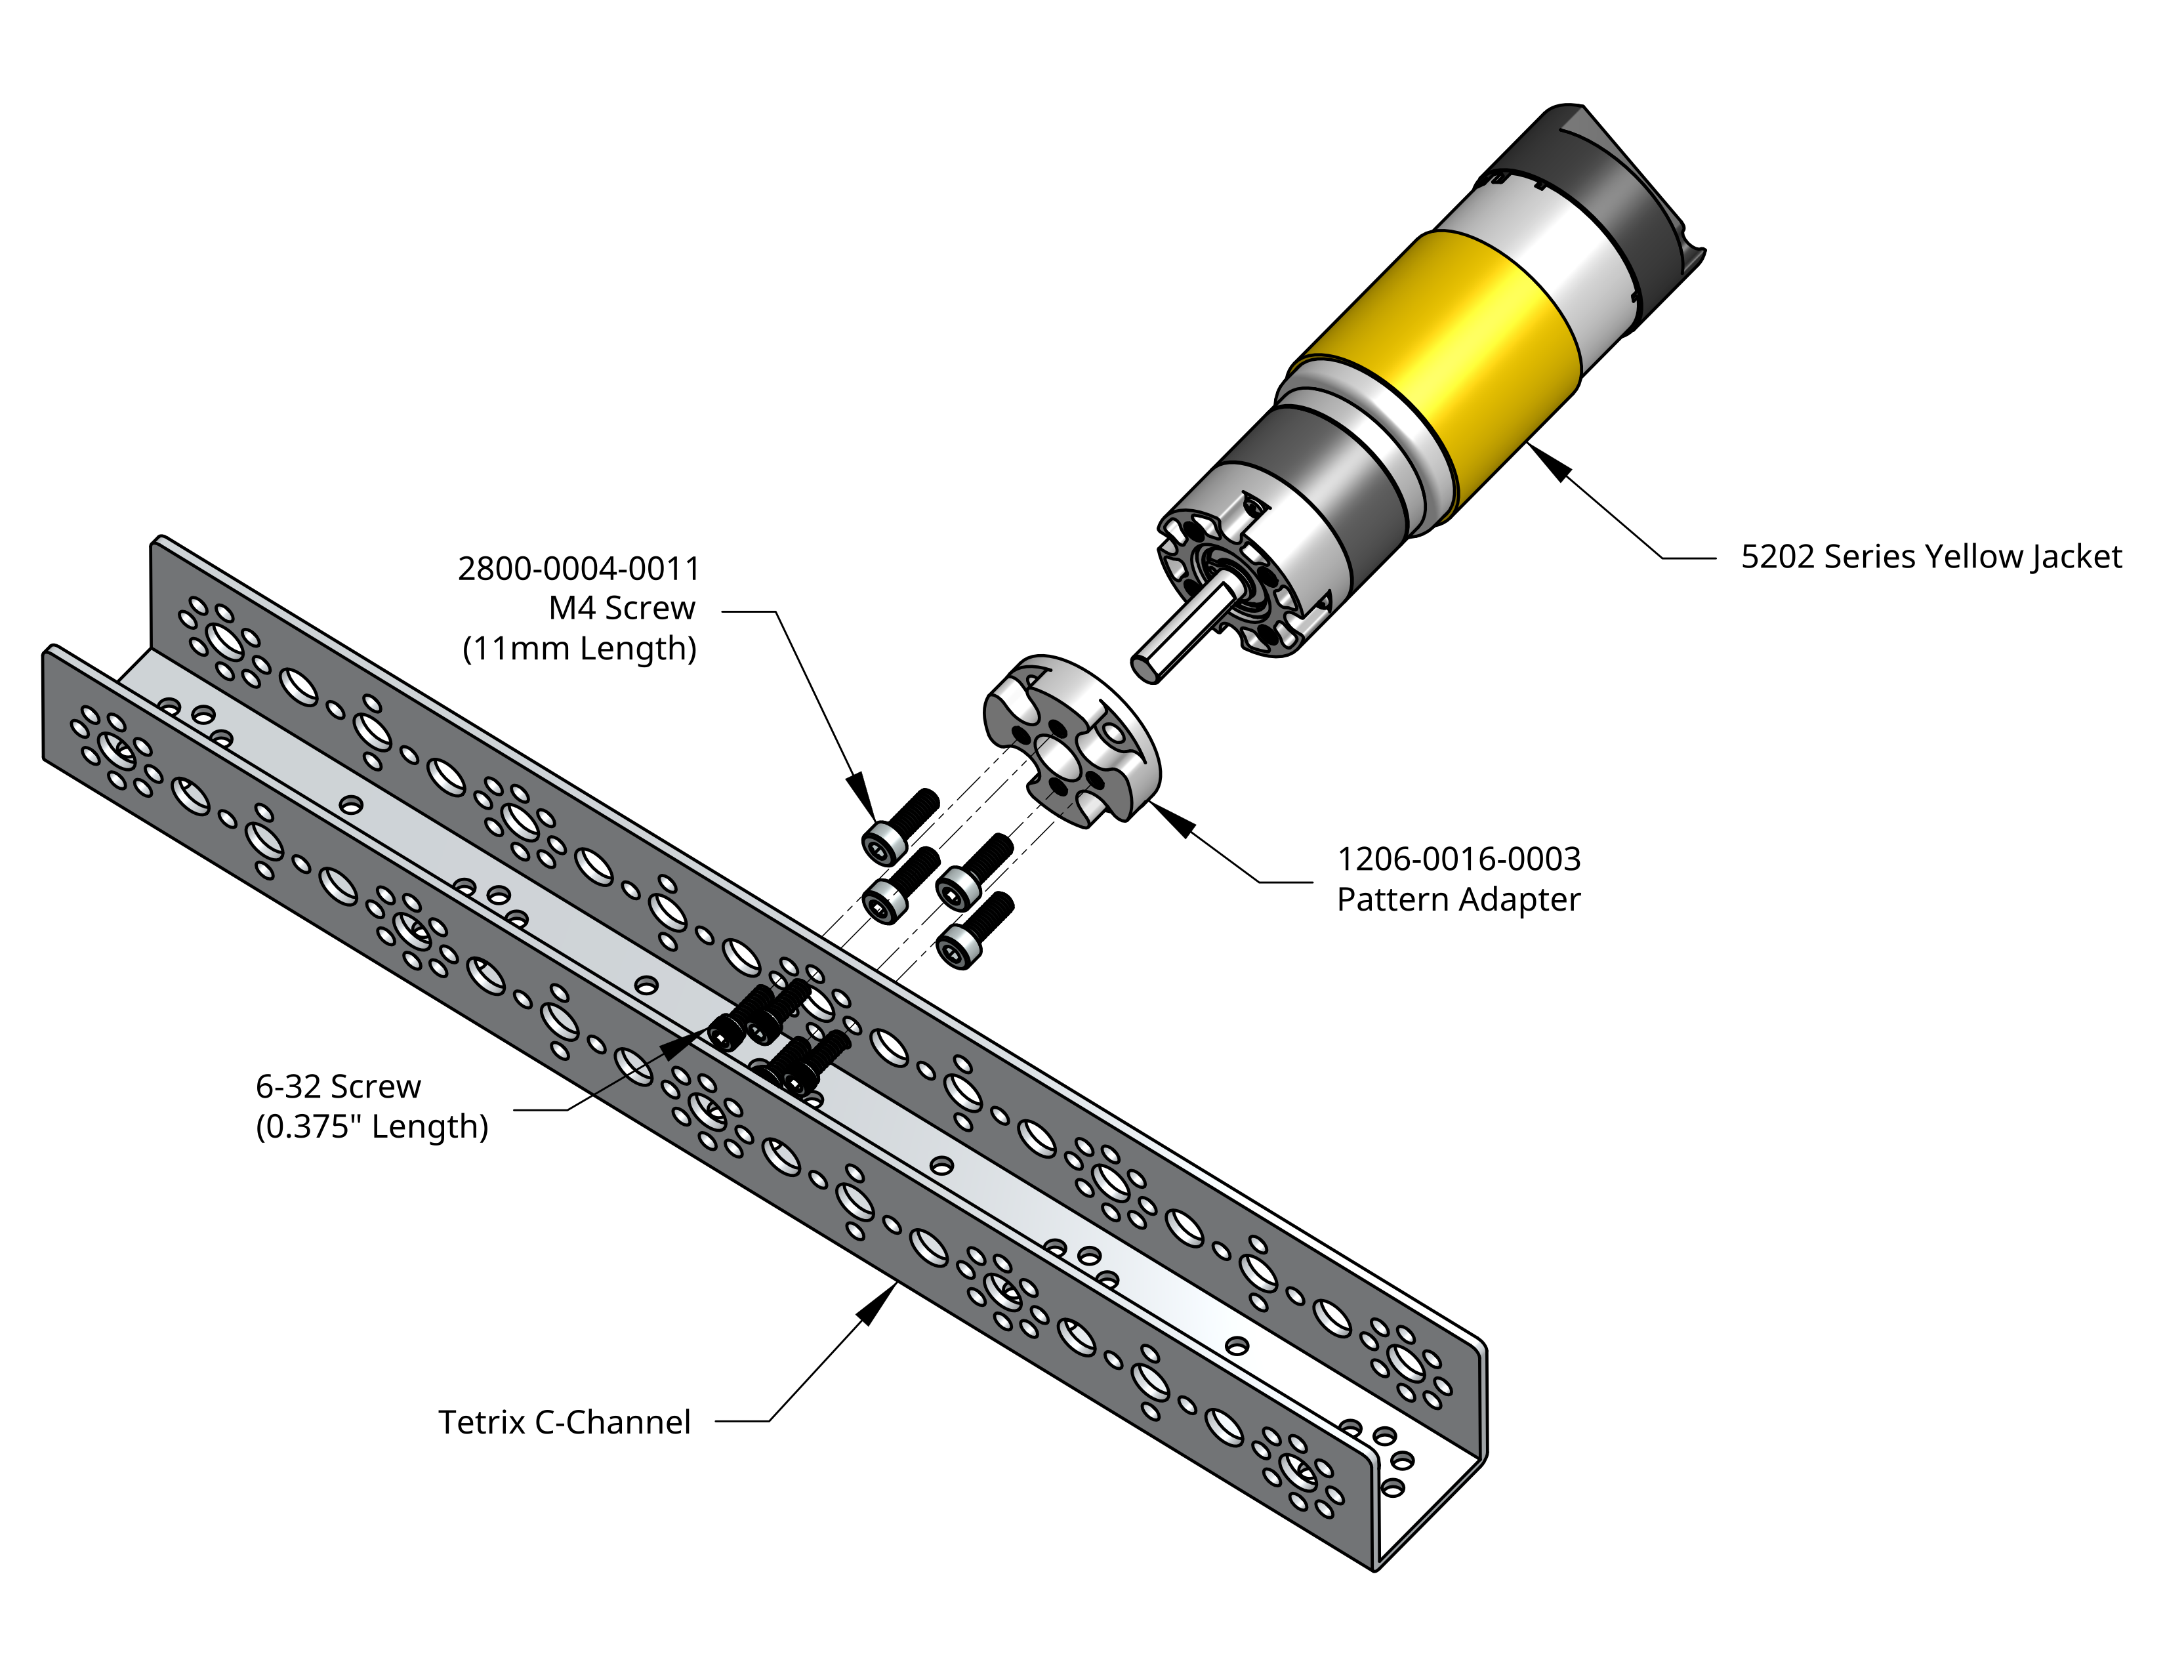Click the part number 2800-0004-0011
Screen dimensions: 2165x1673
click(578, 569)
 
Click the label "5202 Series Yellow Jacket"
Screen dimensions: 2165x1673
click(1930, 557)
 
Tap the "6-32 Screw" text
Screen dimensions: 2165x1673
click(338, 1086)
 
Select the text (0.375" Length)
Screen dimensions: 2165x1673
click(372, 1127)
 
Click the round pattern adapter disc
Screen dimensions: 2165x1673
click(1071, 738)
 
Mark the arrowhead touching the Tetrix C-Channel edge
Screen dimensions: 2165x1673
click(876, 1306)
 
